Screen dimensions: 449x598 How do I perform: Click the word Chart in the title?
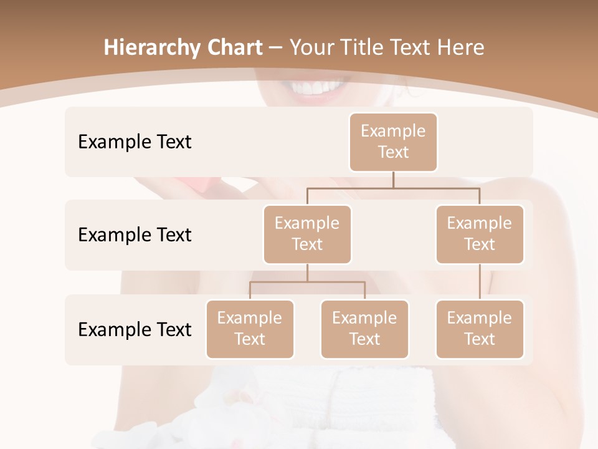pyautogui.click(x=237, y=47)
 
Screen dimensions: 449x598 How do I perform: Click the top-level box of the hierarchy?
pyautogui.click(x=393, y=142)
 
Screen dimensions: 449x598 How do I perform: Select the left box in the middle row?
pyautogui.click(x=307, y=234)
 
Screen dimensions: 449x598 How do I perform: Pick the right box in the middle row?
pyautogui.click(x=480, y=234)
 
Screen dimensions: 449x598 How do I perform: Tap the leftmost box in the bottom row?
pyautogui.click(x=250, y=329)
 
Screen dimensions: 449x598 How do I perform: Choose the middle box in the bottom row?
pyautogui.click(x=364, y=329)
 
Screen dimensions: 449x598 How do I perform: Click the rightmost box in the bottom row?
pyautogui.click(x=480, y=329)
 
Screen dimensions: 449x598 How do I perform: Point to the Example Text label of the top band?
pyautogui.click(x=135, y=142)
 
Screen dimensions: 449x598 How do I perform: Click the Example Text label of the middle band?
pyautogui.click(x=135, y=235)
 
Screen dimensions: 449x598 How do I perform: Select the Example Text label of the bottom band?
pyautogui.click(x=135, y=329)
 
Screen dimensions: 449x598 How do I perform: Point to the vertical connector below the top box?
pyautogui.click(x=393, y=180)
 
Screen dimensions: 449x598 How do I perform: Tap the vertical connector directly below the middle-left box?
pyautogui.click(x=307, y=273)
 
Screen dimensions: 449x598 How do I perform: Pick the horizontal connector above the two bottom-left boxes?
pyautogui.click(x=307, y=282)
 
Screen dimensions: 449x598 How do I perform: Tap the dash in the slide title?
pyautogui.click(x=274, y=48)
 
